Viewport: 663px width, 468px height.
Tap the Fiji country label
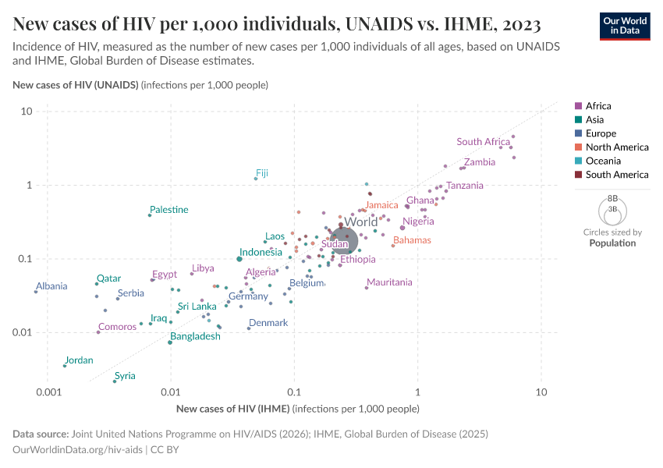(x=262, y=172)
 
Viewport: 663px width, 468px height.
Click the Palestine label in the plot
(x=168, y=210)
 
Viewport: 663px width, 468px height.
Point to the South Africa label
(x=484, y=142)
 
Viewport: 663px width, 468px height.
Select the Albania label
(x=51, y=286)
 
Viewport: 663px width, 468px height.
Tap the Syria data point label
(x=125, y=376)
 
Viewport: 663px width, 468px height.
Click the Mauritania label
(x=389, y=282)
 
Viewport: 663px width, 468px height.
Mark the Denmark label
(x=268, y=323)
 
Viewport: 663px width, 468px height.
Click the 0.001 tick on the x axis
(x=48, y=391)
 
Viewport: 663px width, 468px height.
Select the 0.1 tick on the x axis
(x=294, y=391)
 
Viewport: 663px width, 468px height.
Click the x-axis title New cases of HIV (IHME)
(x=233, y=409)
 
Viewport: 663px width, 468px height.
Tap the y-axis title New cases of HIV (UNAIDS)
(x=76, y=84)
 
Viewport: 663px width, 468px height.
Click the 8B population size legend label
(x=612, y=199)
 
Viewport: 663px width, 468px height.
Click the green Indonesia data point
(x=239, y=259)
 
